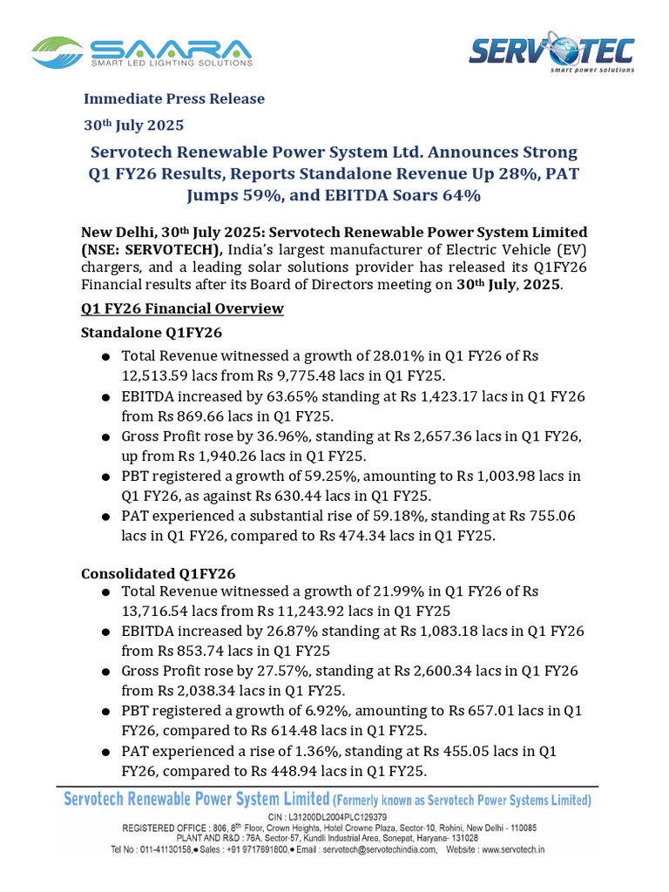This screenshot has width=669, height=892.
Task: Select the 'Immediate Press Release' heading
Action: pos(173,98)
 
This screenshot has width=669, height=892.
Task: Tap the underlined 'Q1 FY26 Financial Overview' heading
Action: pos(182,308)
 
